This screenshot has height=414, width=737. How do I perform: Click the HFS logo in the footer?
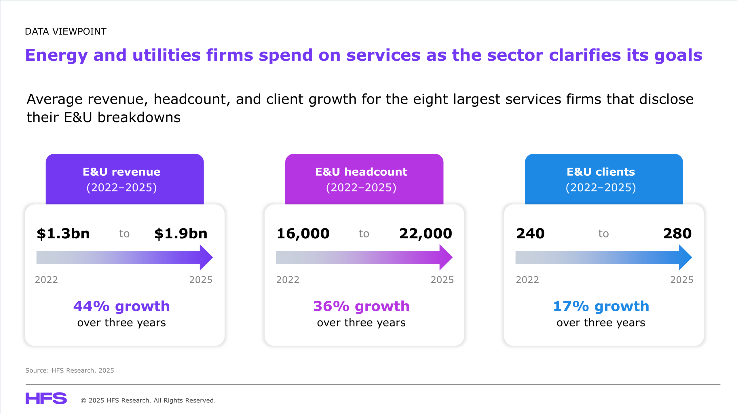pos(46,398)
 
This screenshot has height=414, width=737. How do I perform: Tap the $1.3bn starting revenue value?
pos(63,233)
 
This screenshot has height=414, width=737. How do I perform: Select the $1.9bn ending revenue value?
pos(181,233)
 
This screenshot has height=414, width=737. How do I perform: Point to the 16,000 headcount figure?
pos(303,233)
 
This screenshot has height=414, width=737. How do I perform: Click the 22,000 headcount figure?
pos(426,233)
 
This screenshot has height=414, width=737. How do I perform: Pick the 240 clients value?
pos(530,233)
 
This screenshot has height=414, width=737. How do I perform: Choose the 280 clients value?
pos(677,233)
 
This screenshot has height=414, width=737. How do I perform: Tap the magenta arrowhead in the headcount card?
pos(446,257)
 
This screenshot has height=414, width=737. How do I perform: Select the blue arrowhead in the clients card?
pos(685,257)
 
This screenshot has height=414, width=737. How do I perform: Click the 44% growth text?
pos(121,306)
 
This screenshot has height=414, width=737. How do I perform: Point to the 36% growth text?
pos(361,306)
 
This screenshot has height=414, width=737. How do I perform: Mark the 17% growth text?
pos(601,306)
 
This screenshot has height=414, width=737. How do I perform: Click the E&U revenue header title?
pos(121,172)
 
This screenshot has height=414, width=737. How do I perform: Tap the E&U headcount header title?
pos(361,172)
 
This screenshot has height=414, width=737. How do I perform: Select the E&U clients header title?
pos(601,172)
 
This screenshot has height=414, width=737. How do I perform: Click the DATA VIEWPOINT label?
pos(66,31)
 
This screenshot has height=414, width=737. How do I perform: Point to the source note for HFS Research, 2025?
pos(70,370)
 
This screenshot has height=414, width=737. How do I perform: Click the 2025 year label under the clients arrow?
pos(682,280)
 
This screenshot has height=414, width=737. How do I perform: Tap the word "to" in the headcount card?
pos(364,234)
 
